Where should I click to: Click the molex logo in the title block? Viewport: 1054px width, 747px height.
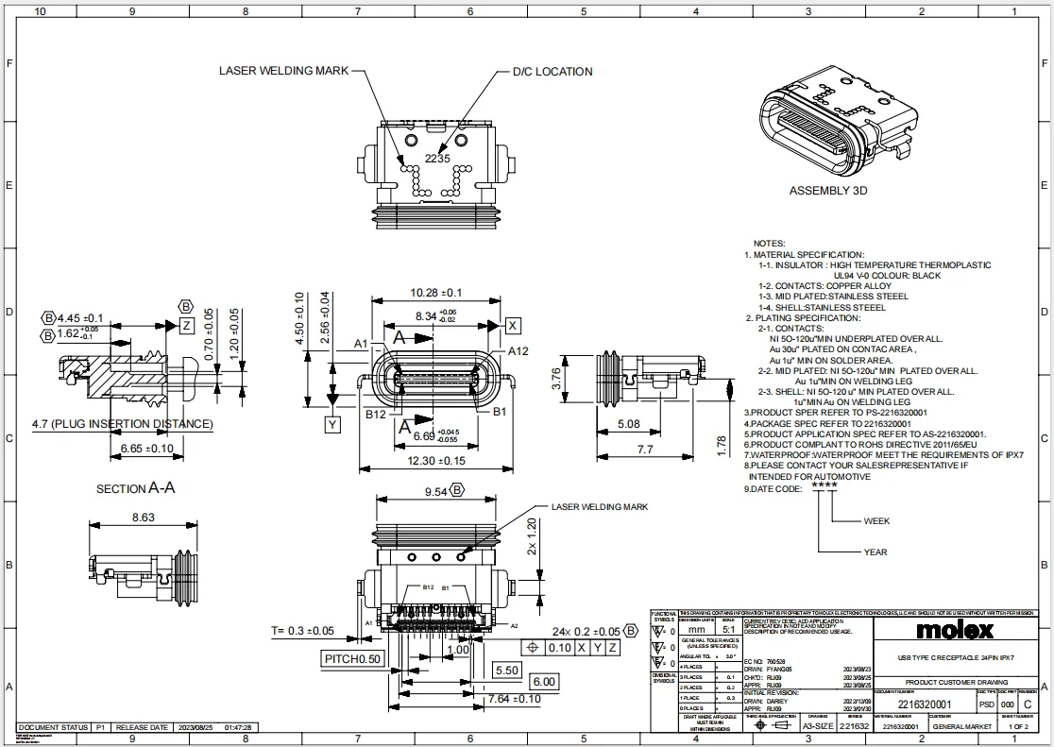point(955,630)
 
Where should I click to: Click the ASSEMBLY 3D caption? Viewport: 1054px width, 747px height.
point(827,191)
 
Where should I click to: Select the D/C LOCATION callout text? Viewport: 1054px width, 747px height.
point(552,72)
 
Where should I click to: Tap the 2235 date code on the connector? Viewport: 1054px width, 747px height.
point(436,159)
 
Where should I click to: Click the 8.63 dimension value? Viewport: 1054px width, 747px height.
point(144,518)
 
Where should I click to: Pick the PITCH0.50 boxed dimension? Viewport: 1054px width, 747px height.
point(353,658)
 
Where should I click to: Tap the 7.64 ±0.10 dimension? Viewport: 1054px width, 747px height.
point(514,699)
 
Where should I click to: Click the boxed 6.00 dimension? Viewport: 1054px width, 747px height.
point(543,682)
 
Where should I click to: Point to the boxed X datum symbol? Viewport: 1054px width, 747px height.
point(513,326)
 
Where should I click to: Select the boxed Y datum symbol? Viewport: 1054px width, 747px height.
point(332,425)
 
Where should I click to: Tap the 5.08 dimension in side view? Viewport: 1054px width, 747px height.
point(630,425)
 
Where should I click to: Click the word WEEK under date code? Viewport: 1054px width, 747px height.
point(876,521)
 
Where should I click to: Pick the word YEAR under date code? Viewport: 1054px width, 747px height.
point(875,552)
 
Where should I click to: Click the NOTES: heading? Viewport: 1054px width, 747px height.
point(769,243)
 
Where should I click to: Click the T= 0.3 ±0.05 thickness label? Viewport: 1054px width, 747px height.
point(302,631)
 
